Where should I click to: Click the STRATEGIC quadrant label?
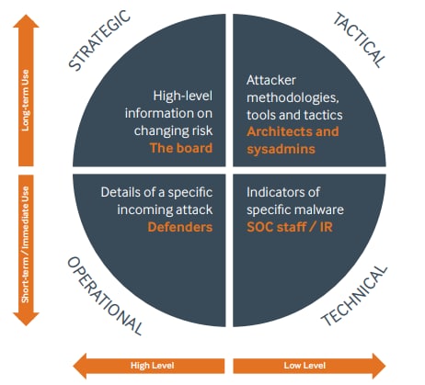[x=99, y=40]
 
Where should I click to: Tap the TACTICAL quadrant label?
[x=359, y=40]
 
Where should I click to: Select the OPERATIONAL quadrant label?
[x=105, y=296]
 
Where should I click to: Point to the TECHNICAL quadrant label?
[x=354, y=296]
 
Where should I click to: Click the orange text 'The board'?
[x=181, y=148]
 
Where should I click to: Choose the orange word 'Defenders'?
[x=180, y=227]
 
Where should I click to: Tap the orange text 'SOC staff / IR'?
[x=290, y=227]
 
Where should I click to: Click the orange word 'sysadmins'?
[x=281, y=149]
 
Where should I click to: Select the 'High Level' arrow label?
[x=153, y=366]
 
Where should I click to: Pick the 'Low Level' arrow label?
[x=304, y=366]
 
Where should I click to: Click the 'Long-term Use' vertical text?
[x=26, y=100]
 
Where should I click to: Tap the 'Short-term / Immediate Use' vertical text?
[x=26, y=244]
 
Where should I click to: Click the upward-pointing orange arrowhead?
[x=26, y=21]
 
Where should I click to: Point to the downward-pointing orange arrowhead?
[x=26, y=319]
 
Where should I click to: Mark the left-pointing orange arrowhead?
[x=80, y=366]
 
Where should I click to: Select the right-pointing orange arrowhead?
[x=379, y=366]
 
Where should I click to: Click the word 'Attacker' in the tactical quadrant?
[x=271, y=80]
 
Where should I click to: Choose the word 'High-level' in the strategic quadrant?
[x=183, y=96]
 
